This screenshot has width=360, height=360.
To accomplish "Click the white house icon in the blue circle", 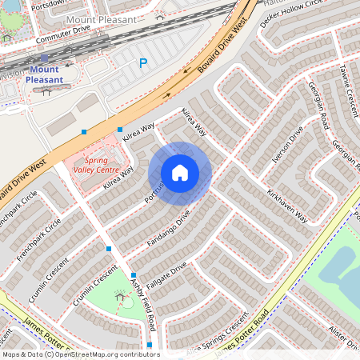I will (180, 173).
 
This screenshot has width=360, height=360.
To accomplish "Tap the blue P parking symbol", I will (143, 63).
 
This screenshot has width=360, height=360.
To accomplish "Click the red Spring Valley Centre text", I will (96, 164).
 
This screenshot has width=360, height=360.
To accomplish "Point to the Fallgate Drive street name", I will (167, 273).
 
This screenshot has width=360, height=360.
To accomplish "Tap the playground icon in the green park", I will (122, 297).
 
